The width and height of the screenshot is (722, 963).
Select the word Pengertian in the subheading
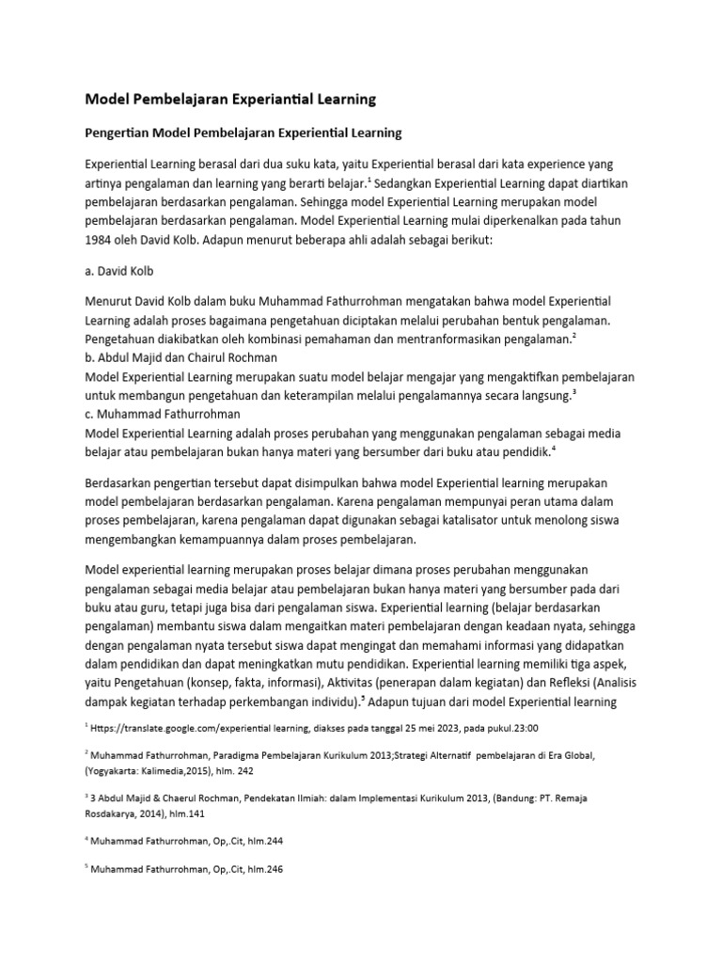click(x=118, y=133)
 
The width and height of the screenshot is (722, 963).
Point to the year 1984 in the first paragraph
click(x=101, y=240)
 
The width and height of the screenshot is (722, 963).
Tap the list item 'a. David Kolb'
click(x=121, y=271)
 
